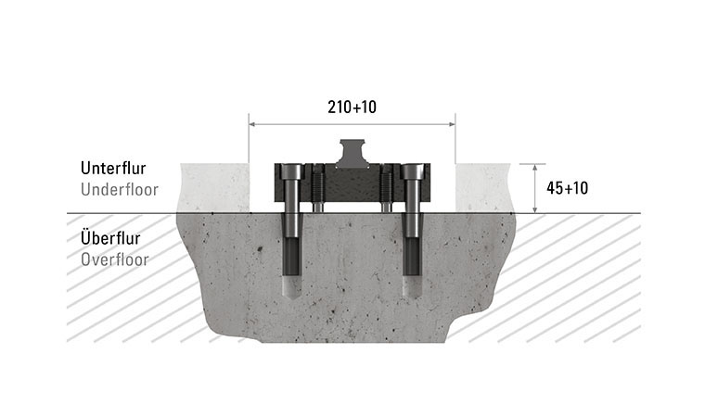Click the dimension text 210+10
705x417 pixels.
(x=352, y=107)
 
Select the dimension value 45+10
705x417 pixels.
(x=568, y=188)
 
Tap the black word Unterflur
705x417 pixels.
(x=119, y=170)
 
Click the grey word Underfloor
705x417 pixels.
(x=120, y=190)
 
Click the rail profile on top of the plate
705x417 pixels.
(x=352, y=153)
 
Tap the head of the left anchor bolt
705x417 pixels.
(x=290, y=172)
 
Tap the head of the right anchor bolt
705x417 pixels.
(x=413, y=172)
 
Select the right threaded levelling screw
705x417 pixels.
(x=385, y=190)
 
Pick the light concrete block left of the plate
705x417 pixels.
(x=214, y=188)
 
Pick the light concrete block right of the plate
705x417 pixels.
(x=483, y=188)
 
